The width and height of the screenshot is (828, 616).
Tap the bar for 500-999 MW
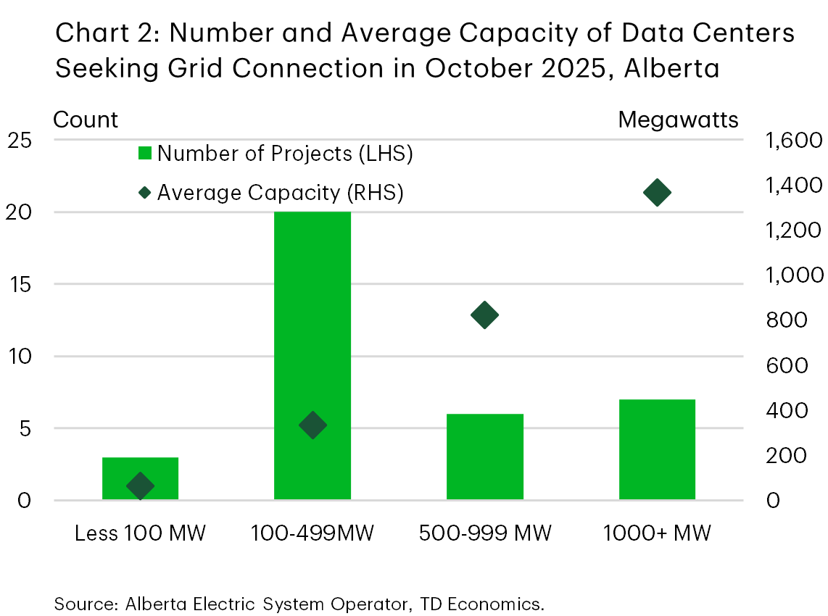tap(484, 457)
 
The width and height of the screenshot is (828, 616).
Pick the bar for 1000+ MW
tap(657, 449)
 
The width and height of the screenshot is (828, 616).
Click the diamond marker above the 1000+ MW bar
tap(658, 193)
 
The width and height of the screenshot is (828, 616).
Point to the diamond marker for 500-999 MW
tap(484, 315)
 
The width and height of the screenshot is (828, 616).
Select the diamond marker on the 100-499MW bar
tap(312, 425)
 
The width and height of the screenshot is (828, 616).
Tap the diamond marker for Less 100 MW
tap(140, 486)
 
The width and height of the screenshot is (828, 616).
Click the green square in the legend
tap(145, 154)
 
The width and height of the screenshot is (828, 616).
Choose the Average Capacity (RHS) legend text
tap(280, 193)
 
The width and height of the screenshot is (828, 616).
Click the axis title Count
tap(86, 120)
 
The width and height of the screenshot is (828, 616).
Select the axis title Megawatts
tap(678, 120)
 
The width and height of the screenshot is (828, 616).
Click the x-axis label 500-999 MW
tap(485, 533)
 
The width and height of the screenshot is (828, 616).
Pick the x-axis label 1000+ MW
tap(657, 533)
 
